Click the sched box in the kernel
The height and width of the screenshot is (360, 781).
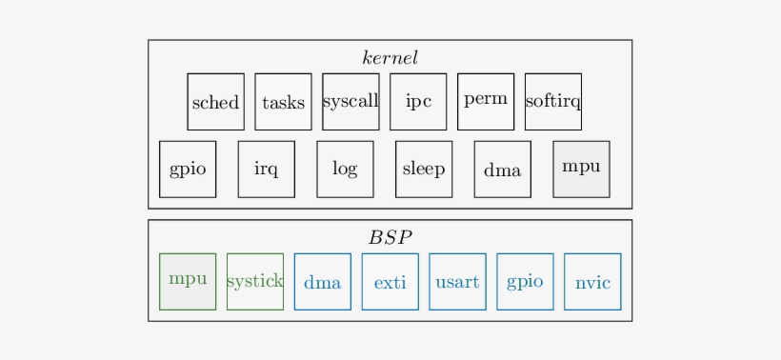[215, 102]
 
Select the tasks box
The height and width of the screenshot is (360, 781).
[283, 102]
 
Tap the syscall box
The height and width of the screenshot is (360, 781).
[350, 102]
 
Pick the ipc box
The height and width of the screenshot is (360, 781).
[418, 102]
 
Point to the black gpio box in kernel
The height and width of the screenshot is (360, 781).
[188, 170]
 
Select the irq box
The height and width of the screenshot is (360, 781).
[267, 170]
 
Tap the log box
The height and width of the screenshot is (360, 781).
[345, 170]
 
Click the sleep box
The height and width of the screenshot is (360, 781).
[424, 170]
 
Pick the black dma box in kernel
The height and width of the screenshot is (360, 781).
[503, 170]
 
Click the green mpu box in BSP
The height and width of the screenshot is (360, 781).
[188, 281]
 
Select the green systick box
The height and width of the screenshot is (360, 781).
[255, 281]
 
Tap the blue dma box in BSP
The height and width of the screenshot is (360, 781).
[323, 281]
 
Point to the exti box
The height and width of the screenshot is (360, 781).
[390, 281]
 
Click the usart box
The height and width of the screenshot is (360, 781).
[457, 281]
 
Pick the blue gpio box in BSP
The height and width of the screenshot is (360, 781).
[525, 281]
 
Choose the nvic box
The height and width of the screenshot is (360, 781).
[592, 281]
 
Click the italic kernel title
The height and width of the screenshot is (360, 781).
[390, 58]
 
